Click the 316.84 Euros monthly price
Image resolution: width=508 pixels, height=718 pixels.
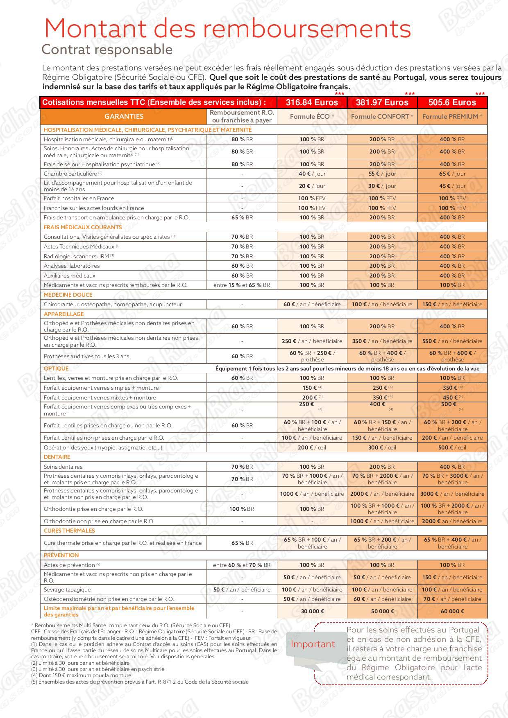click(x=312, y=102)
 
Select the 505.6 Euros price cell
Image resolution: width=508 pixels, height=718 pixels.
click(x=452, y=102)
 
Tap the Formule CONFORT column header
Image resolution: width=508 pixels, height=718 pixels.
click(x=382, y=117)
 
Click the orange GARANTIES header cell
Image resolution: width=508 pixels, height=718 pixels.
click(x=124, y=117)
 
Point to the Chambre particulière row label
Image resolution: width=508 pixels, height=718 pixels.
click(x=70, y=174)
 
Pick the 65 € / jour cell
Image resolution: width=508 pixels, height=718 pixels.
click(x=452, y=174)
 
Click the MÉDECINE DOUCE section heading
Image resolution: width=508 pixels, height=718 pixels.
click(x=68, y=295)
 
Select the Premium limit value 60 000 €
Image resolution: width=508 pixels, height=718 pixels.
click(x=452, y=611)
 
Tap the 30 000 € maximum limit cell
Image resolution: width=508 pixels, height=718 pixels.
click(x=312, y=611)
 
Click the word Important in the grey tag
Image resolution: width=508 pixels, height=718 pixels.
click(x=313, y=644)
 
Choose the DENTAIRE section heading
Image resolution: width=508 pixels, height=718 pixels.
click(x=57, y=457)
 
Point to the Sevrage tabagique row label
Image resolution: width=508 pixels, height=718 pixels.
click(x=67, y=589)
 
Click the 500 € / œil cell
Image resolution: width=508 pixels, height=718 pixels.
click(x=452, y=447)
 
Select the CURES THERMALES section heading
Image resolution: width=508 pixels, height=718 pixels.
click(x=69, y=531)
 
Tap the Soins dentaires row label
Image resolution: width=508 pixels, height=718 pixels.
click(x=63, y=467)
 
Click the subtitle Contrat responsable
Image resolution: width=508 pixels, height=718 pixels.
click(x=107, y=50)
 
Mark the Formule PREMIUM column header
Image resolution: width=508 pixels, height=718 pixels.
click(x=452, y=117)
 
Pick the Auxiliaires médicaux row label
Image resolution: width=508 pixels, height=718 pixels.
click(x=70, y=275)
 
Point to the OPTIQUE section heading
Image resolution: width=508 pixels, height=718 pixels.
click(x=56, y=368)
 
